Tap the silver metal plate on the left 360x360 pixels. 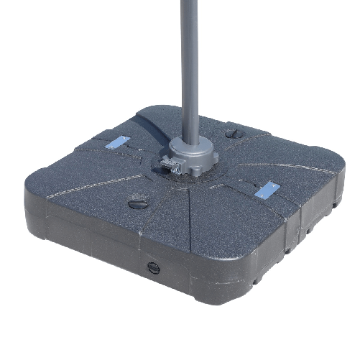119,142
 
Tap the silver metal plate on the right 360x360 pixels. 267,189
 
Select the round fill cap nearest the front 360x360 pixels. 138,204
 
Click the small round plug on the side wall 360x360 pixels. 152,267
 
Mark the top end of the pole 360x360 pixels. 189,3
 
